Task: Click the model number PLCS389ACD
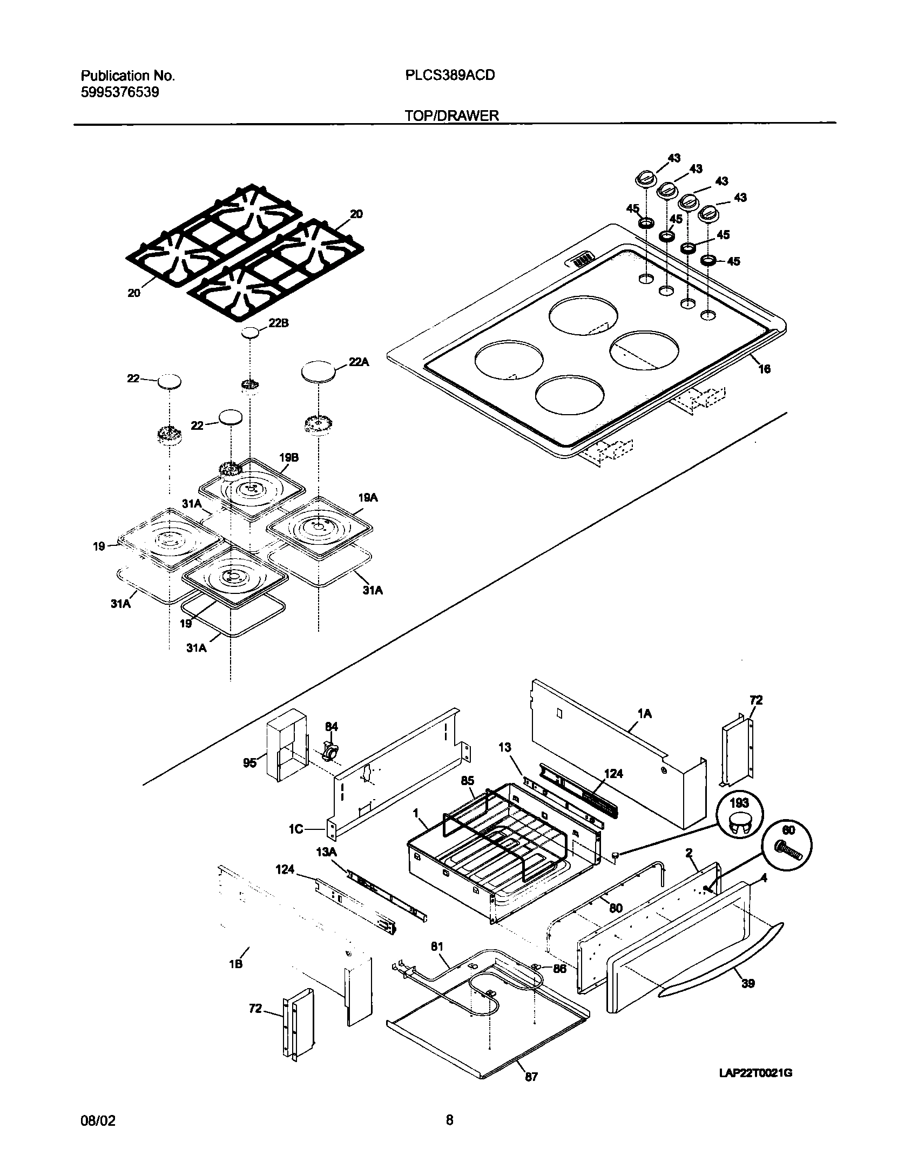pyautogui.click(x=450, y=76)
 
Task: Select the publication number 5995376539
pyautogui.click(x=120, y=92)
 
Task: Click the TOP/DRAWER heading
pyautogui.click(x=452, y=116)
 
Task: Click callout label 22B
pyautogui.click(x=279, y=323)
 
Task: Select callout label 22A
pyautogui.click(x=359, y=362)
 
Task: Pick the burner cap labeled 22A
pyautogui.click(x=319, y=373)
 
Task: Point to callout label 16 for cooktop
pyautogui.click(x=764, y=369)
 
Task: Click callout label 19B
pyautogui.click(x=289, y=457)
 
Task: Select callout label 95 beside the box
pyautogui.click(x=249, y=763)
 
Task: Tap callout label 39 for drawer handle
pyautogui.click(x=748, y=983)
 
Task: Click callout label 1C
pyautogui.click(x=296, y=829)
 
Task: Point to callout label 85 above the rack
pyautogui.click(x=468, y=781)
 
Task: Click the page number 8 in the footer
pyautogui.click(x=449, y=1121)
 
